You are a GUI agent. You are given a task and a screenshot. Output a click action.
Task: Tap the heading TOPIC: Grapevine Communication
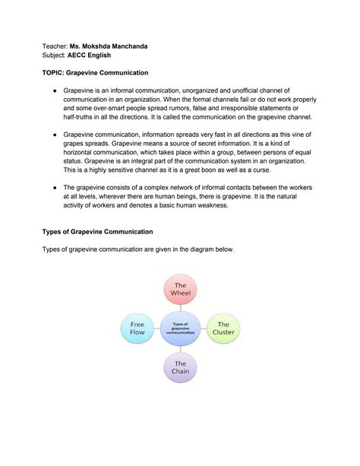95,73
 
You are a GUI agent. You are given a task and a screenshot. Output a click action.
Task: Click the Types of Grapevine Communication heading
96,230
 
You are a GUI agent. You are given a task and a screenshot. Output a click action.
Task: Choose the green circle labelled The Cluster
224,328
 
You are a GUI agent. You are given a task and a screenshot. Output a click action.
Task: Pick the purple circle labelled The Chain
181,369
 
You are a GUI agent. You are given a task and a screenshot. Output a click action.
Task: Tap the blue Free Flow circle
137,328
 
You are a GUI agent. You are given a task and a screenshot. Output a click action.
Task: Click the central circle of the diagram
181,328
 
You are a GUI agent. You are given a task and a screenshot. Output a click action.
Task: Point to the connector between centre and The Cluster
203,328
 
